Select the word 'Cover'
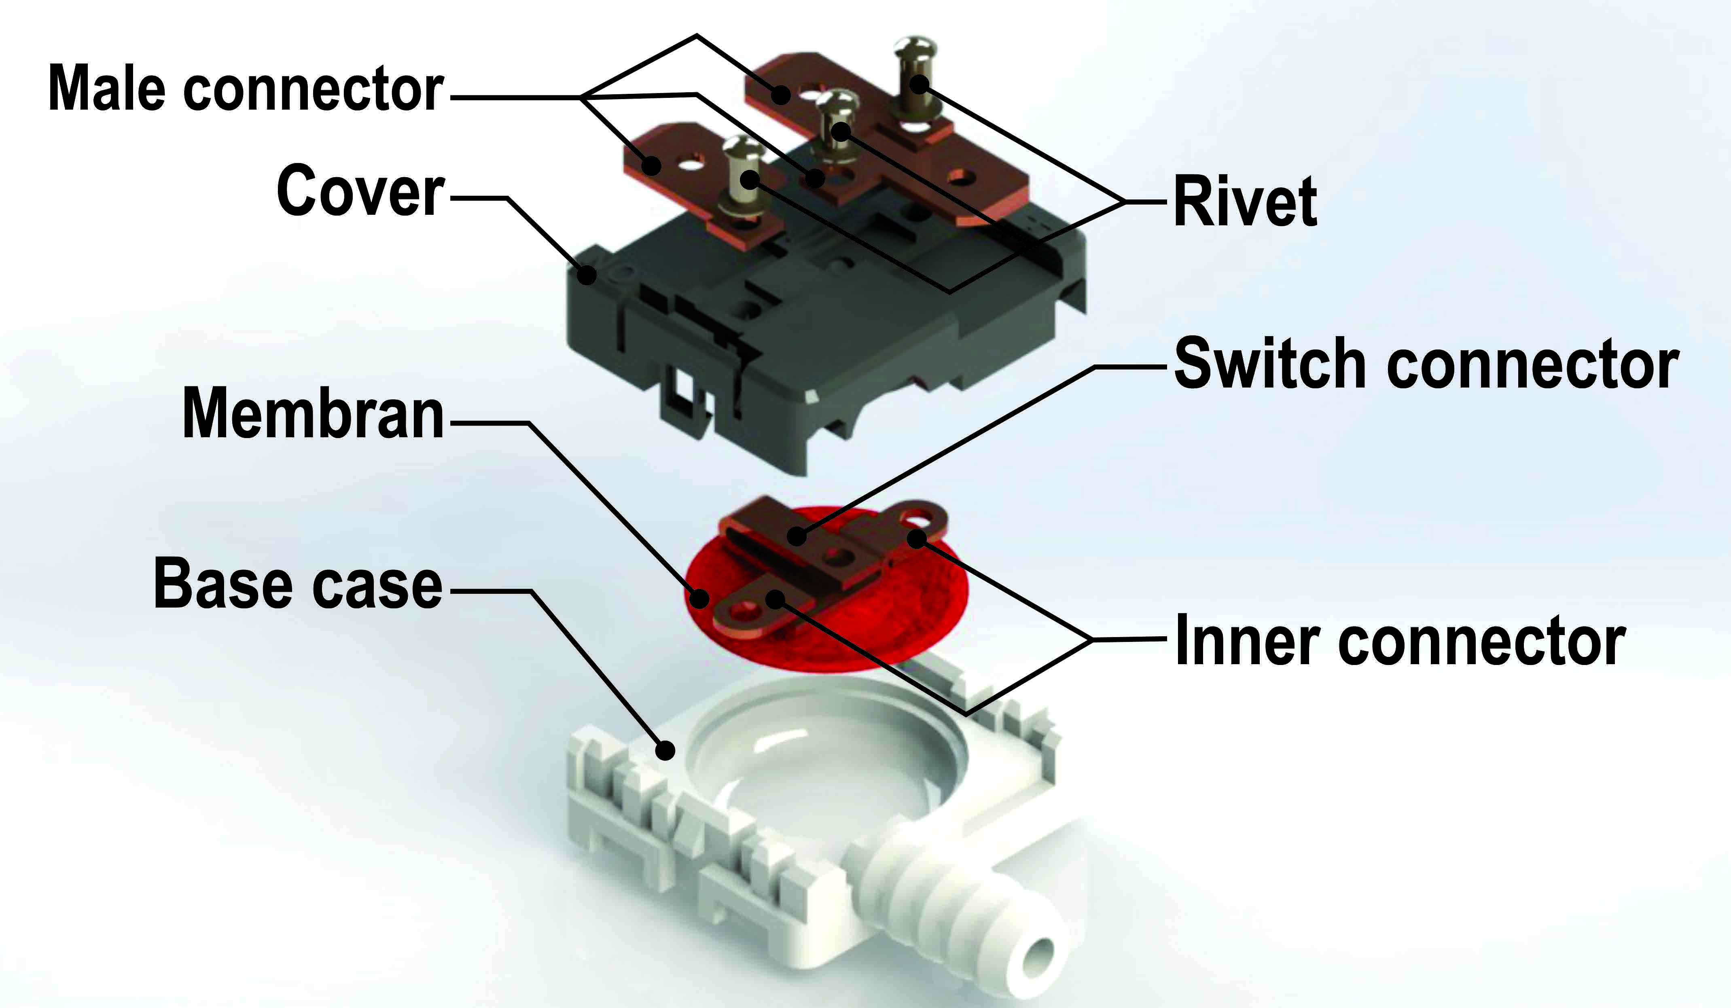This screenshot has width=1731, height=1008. (x=360, y=191)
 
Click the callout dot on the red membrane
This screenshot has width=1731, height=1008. (x=699, y=598)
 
